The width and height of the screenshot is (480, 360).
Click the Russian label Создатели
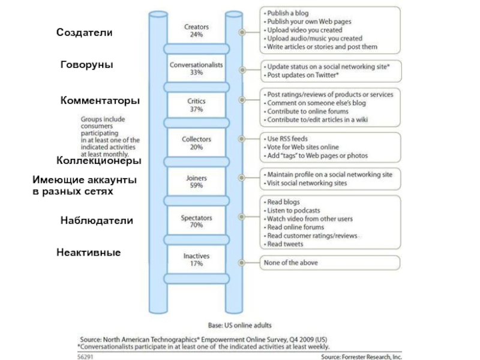point(84,32)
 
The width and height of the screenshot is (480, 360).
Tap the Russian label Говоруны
point(87,64)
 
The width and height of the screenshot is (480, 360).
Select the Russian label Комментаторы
point(100,101)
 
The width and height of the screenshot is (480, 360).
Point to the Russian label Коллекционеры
point(99,161)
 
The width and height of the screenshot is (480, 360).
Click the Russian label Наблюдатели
point(97,221)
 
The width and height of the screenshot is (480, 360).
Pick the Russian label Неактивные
point(89,253)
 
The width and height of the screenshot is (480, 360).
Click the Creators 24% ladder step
point(196,31)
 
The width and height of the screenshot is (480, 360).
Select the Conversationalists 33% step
point(196,68)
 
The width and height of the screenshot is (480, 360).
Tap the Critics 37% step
point(196,106)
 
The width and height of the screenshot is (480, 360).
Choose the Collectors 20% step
point(196,143)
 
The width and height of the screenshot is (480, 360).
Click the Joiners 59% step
point(196,181)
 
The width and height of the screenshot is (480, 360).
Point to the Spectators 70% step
point(196,221)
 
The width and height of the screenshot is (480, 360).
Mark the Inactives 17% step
point(196,260)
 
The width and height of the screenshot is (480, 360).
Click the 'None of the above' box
point(330,262)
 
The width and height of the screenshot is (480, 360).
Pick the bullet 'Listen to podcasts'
point(293,211)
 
